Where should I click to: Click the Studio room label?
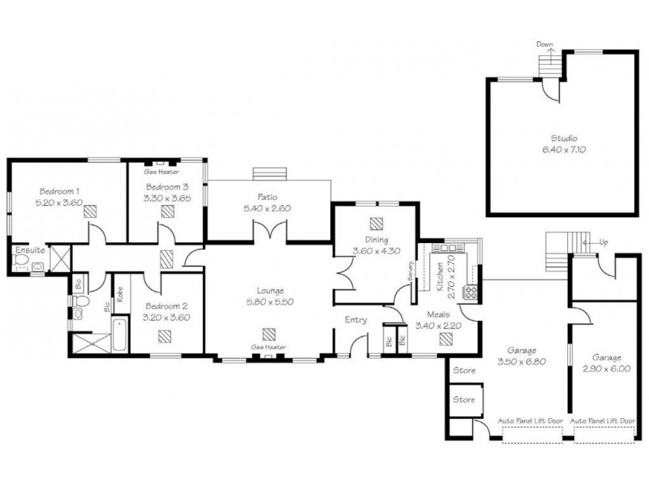click(564, 139)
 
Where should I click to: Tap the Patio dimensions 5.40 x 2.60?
click(267, 208)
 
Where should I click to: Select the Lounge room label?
click(270, 291)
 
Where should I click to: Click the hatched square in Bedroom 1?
click(90, 211)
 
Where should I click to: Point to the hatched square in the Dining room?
click(376, 224)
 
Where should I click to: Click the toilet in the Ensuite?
click(20, 260)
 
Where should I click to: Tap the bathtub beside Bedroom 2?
click(120, 334)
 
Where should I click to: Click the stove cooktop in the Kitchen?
click(471, 292)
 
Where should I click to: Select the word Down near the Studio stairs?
click(544, 45)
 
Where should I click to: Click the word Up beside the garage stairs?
click(604, 242)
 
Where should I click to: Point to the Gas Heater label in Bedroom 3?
click(161, 172)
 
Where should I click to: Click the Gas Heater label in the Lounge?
click(269, 347)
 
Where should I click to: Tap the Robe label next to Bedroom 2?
click(120, 294)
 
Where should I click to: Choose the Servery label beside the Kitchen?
click(410, 271)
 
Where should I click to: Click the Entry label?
click(356, 320)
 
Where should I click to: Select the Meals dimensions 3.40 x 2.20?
click(438, 326)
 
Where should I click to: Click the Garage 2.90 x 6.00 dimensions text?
click(607, 369)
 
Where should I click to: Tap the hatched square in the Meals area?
click(445, 339)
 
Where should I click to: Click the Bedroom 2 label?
click(166, 306)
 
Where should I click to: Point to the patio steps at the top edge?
click(270, 173)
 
